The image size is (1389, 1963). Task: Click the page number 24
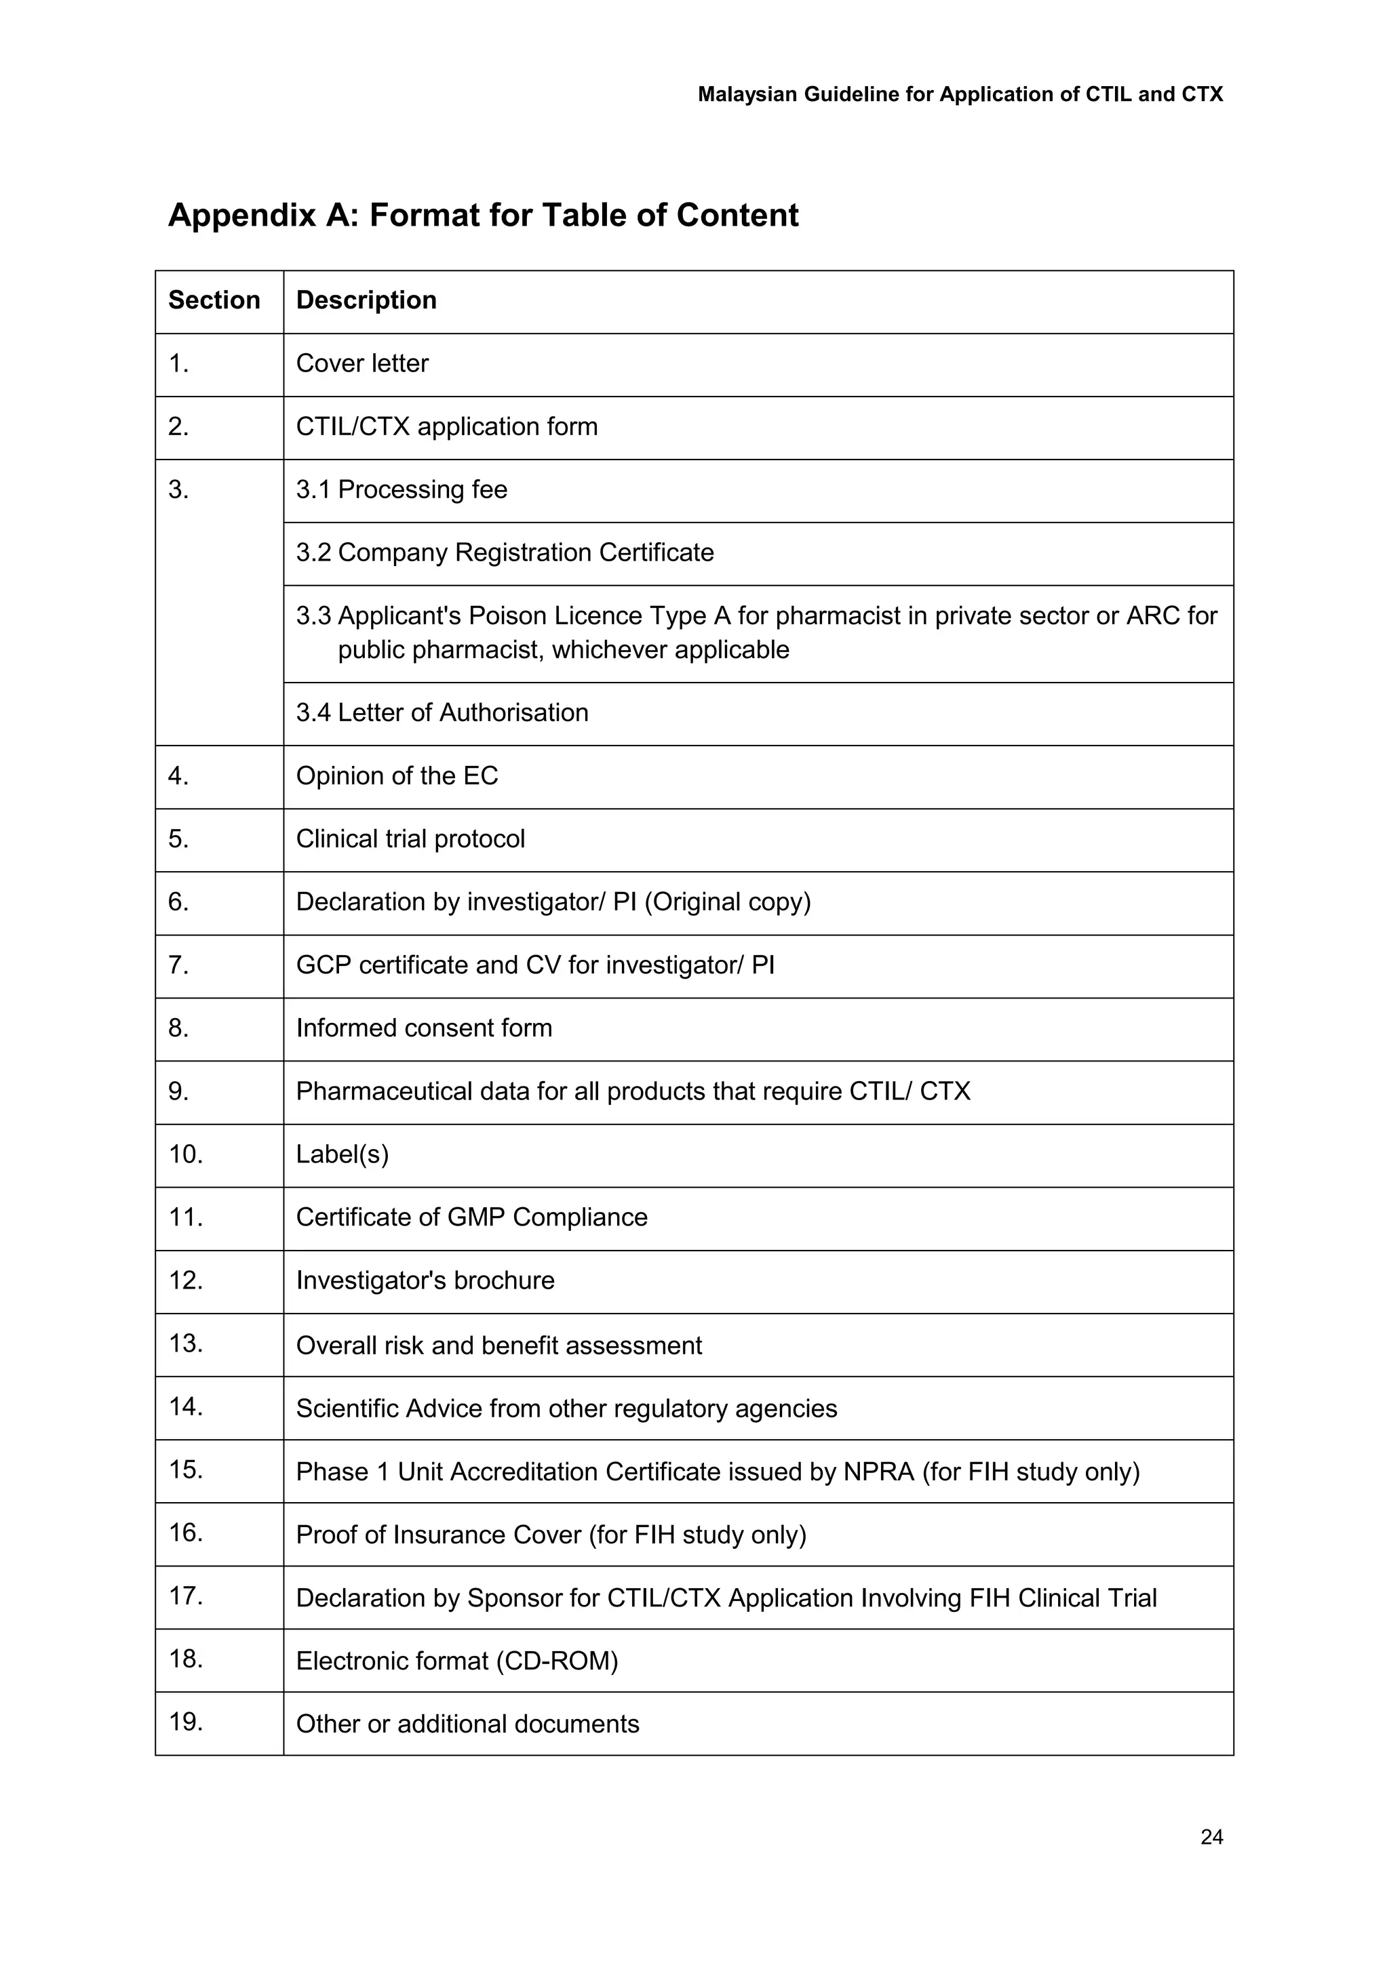pos(1211,1836)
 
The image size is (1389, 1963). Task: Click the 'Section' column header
pos(214,300)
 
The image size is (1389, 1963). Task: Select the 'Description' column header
pos(366,300)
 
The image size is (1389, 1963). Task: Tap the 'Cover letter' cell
pos(361,363)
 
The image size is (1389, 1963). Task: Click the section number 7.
pos(178,965)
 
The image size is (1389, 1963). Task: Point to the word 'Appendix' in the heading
pos(242,215)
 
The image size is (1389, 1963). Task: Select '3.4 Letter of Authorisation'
pos(442,712)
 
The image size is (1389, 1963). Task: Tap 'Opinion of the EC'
pos(396,775)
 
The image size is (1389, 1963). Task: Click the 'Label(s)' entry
pos(342,1154)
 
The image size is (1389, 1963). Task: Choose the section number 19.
pos(186,1721)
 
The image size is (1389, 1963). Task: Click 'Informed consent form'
pos(423,1028)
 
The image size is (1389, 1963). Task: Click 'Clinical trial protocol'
pos(410,838)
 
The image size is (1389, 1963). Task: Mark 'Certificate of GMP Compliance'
pos(471,1217)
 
